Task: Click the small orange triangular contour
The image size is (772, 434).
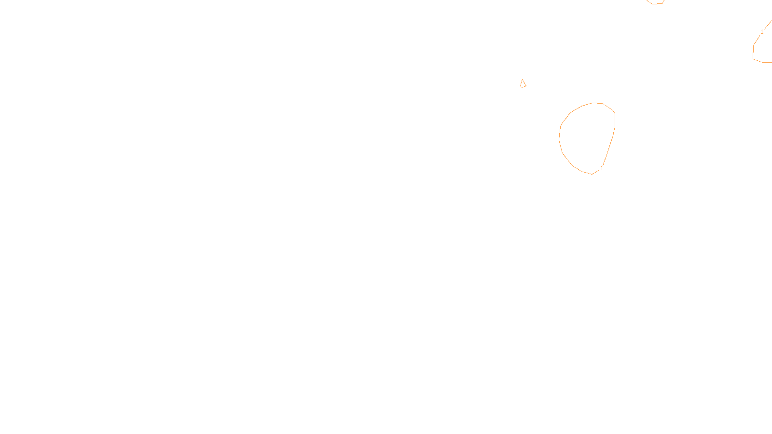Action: [523, 84]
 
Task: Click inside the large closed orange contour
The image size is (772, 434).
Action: [586, 137]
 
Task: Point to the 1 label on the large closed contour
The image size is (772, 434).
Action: [602, 168]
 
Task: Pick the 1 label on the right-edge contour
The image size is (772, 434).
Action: [762, 32]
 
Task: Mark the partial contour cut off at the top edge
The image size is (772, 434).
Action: [655, 3]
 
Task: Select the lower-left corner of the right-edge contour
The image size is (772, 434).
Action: [753, 59]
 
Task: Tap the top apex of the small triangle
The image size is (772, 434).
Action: [523, 80]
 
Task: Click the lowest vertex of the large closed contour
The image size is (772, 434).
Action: [592, 174]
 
